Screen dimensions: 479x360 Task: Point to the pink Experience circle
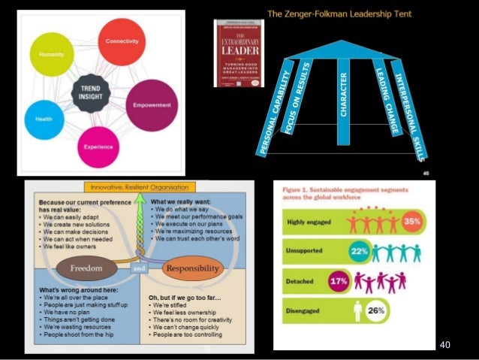click(x=99, y=147)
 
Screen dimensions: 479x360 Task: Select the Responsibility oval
click(x=191, y=266)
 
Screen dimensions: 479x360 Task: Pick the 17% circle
click(x=340, y=281)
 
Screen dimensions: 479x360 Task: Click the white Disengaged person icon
click(x=357, y=310)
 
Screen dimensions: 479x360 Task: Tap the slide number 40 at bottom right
click(x=445, y=344)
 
